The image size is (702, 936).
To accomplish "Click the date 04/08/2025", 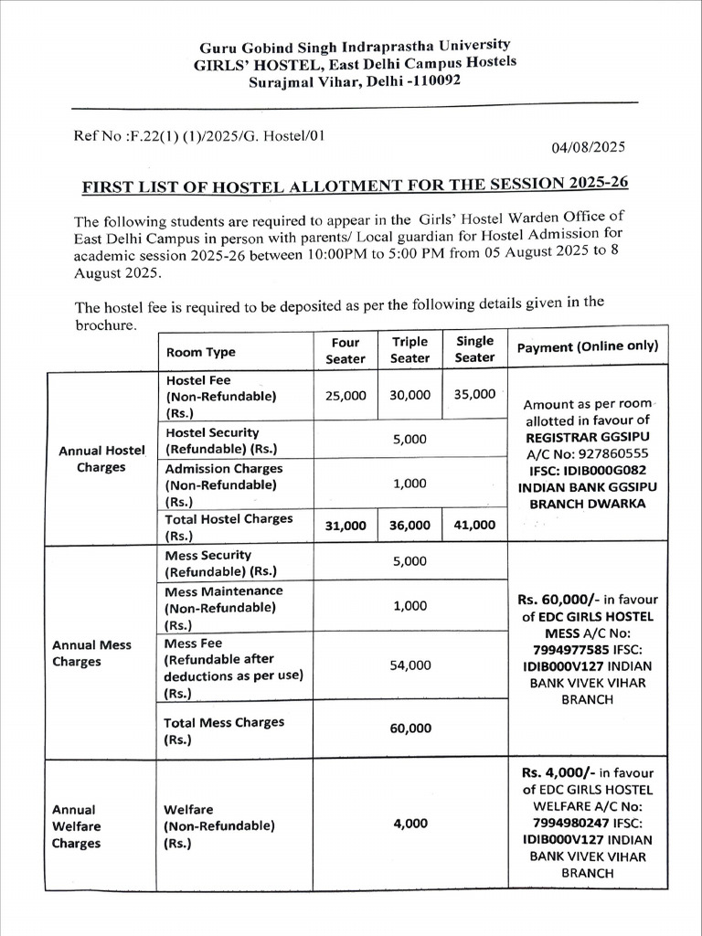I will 589,145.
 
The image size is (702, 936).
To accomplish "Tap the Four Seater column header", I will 346,350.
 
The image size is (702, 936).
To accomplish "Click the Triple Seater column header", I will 409,350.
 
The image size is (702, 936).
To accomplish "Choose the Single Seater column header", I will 474,349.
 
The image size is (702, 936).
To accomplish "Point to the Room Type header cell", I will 200,352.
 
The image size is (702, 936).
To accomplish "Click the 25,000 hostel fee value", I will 346,395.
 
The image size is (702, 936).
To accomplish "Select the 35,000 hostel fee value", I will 474,394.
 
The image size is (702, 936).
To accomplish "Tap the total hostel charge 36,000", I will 409,525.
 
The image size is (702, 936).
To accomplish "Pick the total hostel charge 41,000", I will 474,525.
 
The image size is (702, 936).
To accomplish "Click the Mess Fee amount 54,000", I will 409,665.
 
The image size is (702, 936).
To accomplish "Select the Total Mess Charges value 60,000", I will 409,729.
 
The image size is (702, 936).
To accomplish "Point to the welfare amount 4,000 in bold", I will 409,824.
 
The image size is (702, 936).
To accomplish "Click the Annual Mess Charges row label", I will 91,653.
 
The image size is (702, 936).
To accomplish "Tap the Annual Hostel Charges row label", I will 101,459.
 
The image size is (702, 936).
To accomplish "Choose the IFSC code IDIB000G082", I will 609,470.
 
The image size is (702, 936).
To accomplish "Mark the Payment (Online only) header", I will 587,347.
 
